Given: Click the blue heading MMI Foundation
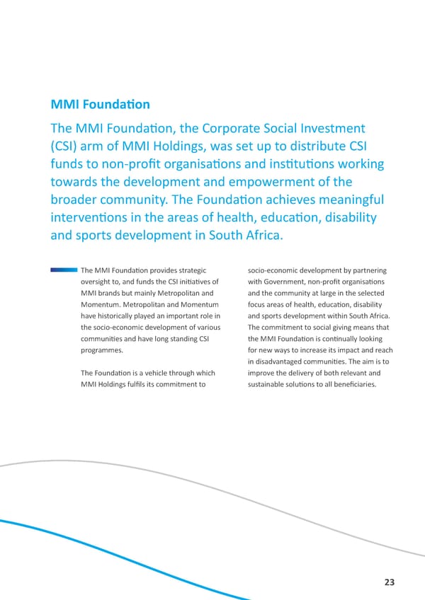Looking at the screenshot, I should tap(100, 105).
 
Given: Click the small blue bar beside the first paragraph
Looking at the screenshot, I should tap(64, 270).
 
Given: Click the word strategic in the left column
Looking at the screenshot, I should tap(187, 270).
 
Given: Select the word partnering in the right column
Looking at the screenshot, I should tap(365, 270).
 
